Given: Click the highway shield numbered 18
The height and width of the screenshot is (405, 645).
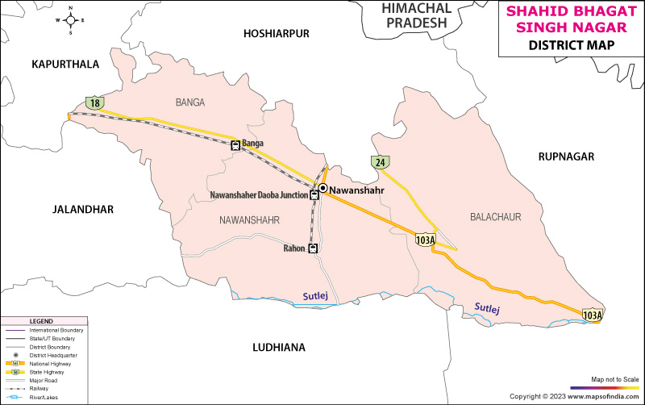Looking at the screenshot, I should (95, 102).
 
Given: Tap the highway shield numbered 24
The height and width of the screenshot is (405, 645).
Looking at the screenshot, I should (380, 161).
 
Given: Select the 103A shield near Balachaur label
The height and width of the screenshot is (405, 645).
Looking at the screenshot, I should (425, 240).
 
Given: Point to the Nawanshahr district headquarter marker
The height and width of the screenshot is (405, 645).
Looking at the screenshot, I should (322, 189).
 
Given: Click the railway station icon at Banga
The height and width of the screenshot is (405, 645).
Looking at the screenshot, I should (235, 145).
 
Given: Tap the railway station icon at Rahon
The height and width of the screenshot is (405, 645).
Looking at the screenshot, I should (314, 248).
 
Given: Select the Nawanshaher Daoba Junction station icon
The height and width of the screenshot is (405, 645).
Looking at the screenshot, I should (315, 195).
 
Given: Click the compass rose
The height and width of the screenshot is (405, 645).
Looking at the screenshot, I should (70, 21).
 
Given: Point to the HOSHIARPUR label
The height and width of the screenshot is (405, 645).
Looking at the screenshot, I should (277, 34).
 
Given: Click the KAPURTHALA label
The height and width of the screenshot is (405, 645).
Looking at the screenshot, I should (65, 64).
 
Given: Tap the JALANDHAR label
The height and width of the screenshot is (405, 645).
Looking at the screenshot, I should (82, 210).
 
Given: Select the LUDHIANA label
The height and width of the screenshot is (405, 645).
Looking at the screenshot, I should (279, 347).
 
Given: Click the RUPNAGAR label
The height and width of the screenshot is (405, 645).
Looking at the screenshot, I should (566, 157).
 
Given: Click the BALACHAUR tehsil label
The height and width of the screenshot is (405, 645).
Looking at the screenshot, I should (495, 217).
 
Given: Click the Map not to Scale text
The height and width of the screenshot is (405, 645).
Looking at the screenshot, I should (614, 378).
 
